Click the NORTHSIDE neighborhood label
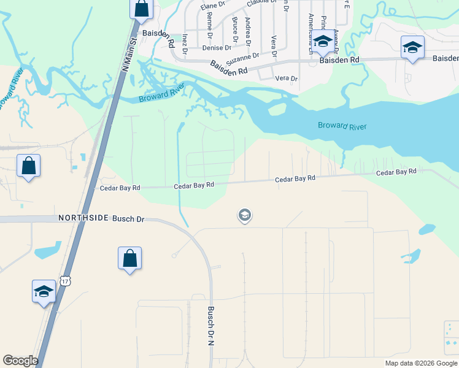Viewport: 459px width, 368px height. click(x=83, y=218)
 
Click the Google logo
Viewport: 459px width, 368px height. click(x=20, y=360)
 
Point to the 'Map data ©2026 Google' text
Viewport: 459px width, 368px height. click(x=420, y=363)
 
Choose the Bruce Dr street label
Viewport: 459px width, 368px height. click(x=235, y=29)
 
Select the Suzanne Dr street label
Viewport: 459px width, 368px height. click(x=243, y=59)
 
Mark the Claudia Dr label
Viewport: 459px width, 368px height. click(x=260, y=4)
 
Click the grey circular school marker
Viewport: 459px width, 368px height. click(x=244, y=215)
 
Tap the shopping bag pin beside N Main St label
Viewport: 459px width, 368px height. click(x=141, y=9)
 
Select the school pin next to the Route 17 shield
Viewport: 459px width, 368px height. click(x=44, y=291)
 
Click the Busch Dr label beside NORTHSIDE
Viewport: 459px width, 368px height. click(x=128, y=218)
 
